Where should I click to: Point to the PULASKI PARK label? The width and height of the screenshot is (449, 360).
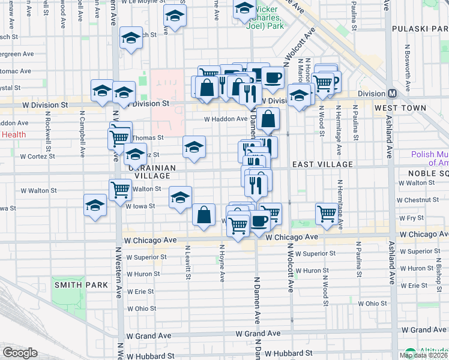[420, 29]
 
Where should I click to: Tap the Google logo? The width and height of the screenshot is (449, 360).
[20, 353]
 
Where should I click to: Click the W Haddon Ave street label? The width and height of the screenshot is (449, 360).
[226, 119]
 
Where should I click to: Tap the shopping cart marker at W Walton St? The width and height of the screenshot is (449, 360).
[121, 190]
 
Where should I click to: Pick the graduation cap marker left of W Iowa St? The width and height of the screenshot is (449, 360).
[95, 205]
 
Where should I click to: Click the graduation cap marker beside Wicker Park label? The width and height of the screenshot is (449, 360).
[244, 8]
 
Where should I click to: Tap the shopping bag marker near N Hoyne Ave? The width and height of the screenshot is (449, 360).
[204, 214]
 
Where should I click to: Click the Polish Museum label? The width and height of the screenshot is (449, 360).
[430, 158]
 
